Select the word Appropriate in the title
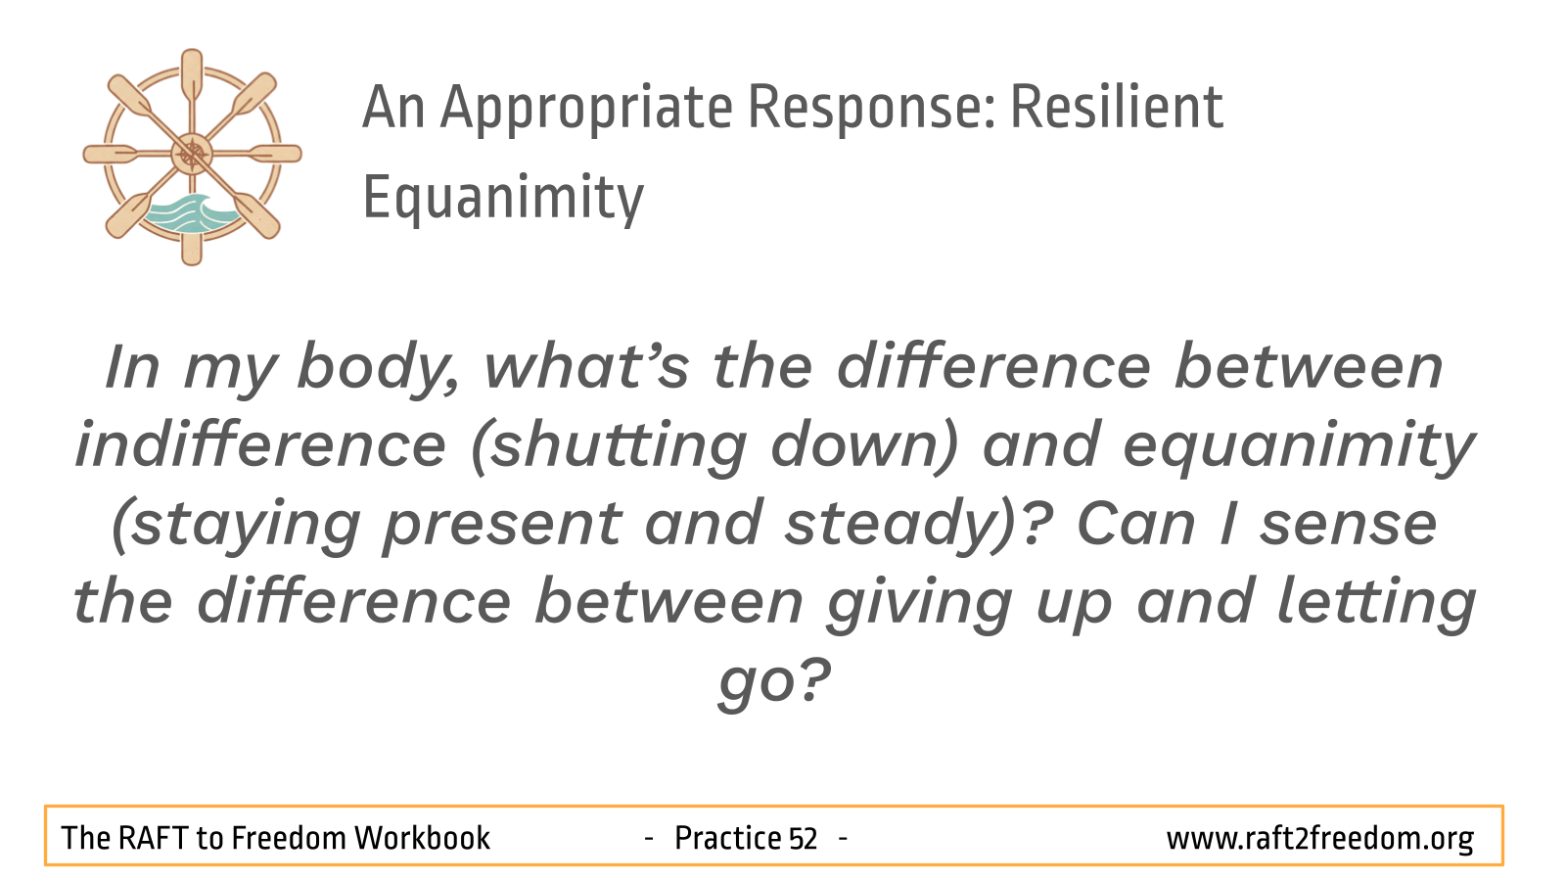point(586,112)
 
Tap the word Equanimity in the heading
point(503,200)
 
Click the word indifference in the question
point(260,445)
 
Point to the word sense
point(1349,527)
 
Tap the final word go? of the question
point(774,683)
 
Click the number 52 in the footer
point(803,838)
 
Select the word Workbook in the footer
point(422,838)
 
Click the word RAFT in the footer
point(154,838)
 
